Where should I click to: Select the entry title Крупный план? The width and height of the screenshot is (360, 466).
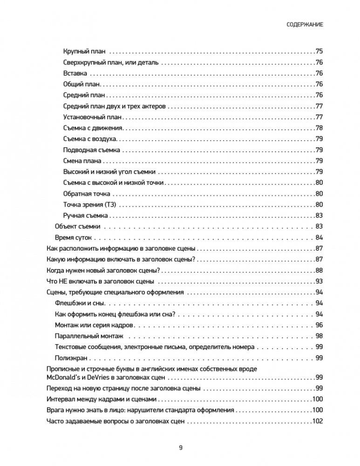coord(84,52)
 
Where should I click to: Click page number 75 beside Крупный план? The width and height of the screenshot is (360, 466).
coord(319,52)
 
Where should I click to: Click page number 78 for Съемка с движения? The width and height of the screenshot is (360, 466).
coord(319,128)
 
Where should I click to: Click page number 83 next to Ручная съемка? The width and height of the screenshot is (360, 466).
coord(319,216)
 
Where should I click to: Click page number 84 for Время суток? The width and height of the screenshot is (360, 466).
coord(319,237)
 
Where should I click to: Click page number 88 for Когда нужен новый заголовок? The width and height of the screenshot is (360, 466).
coord(319,270)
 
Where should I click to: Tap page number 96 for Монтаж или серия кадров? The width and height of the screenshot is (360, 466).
coord(319,325)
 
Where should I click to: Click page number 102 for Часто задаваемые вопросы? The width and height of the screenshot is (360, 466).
coord(317,421)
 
